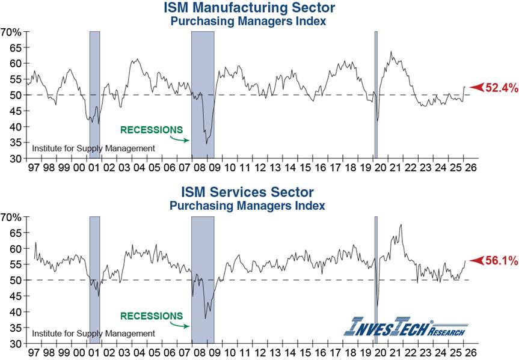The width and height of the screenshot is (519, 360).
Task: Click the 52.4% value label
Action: click(x=502, y=88)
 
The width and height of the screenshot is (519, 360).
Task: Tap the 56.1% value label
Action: click(x=502, y=261)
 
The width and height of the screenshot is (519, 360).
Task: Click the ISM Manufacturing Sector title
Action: click(x=249, y=8)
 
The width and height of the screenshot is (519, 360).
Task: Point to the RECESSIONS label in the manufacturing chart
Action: click(x=151, y=129)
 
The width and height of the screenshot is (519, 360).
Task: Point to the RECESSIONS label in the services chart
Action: click(x=151, y=316)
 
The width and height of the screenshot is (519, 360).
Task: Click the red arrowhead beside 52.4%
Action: click(x=476, y=88)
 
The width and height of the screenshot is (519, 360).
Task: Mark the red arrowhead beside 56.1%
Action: click(x=476, y=261)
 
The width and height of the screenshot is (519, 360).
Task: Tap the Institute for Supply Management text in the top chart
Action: click(x=93, y=148)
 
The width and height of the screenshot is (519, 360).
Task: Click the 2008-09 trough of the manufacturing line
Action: click(x=206, y=144)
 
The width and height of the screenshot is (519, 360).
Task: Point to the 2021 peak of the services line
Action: click(x=401, y=225)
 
